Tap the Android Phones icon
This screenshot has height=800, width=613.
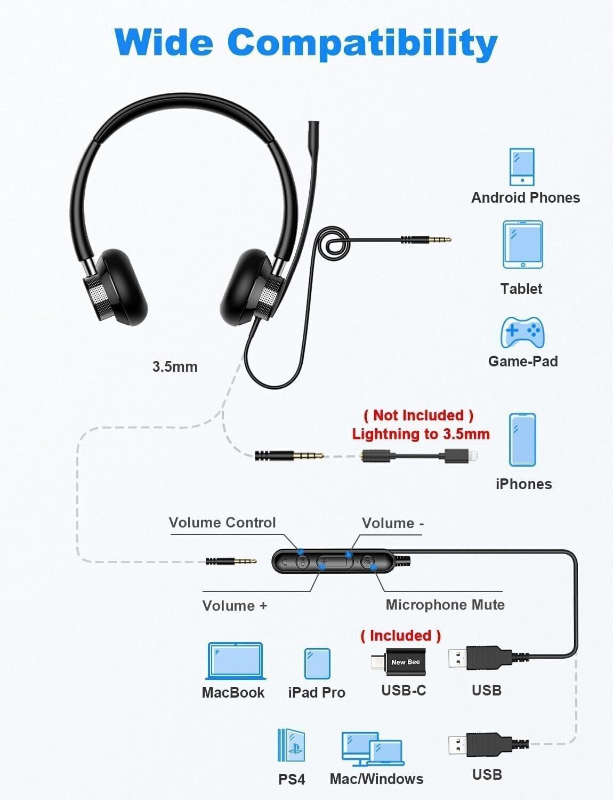522,167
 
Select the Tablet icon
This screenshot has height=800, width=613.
522,245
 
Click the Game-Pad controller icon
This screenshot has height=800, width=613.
522,332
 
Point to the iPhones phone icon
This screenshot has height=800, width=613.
522,440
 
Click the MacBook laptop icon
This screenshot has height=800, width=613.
235,661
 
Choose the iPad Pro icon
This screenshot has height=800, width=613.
317,663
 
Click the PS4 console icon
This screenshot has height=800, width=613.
291,746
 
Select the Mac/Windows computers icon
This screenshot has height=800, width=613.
373,749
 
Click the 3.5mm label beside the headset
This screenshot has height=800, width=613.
175,367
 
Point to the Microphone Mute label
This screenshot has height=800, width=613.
445,605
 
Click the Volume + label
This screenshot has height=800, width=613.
235,606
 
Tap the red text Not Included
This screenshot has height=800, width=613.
418,415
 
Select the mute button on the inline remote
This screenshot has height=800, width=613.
367,562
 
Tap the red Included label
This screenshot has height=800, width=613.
401,636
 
